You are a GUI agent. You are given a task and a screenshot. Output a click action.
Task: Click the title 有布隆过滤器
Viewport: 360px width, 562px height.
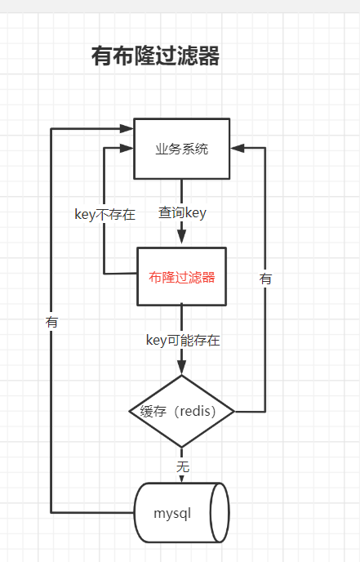coord(155,56)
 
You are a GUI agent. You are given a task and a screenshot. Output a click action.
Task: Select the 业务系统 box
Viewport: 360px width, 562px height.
coord(181,149)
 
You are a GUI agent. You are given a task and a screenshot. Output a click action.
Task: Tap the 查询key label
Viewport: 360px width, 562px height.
coord(182,213)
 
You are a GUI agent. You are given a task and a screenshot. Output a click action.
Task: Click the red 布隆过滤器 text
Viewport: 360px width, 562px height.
coord(181,277)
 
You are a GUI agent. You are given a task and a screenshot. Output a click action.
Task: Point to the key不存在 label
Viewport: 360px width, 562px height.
coord(104,215)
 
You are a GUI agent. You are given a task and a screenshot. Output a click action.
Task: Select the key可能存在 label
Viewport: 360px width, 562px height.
coord(182,341)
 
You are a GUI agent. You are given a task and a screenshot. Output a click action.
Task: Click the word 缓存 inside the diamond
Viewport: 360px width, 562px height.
coord(153,411)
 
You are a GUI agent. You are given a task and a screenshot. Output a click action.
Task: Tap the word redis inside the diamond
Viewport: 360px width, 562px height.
coord(197,411)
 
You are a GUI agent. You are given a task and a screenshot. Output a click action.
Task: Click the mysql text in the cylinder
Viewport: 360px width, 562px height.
coord(171,513)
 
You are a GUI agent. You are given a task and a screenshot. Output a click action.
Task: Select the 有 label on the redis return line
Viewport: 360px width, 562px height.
coord(265,279)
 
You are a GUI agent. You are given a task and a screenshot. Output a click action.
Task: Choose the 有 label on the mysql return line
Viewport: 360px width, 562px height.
coord(52,322)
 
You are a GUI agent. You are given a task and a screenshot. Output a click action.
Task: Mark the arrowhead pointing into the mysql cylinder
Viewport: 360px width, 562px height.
coord(181,478)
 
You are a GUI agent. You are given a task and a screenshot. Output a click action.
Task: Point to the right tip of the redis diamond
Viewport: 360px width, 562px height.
coord(233,411)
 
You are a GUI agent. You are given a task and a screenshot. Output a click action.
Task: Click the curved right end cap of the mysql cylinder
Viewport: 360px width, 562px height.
coord(220,512)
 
